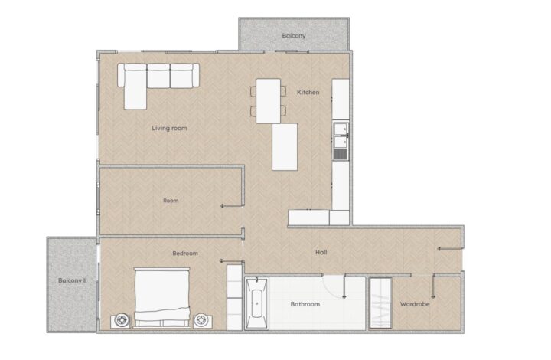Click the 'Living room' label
169,128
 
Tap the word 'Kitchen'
308,93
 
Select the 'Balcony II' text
72,280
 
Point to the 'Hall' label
322,252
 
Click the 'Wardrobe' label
415,304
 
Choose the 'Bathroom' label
305,304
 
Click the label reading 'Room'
171,201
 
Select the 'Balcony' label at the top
294,35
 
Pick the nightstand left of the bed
120,320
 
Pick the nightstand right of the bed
203,320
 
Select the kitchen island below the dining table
285,147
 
